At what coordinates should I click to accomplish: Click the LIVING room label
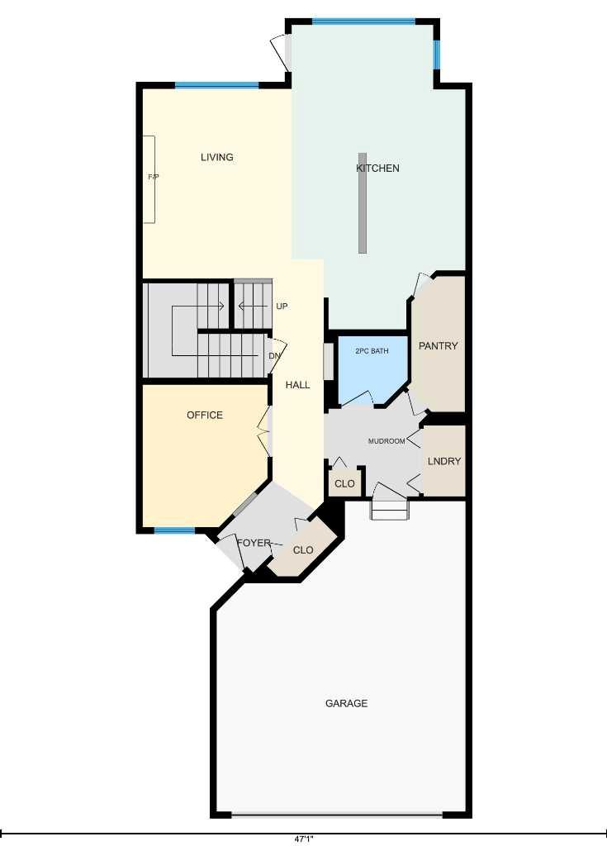point(217,157)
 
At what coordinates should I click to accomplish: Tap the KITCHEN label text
point(377,169)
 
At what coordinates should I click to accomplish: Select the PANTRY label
point(439,346)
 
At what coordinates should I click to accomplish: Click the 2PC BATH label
point(372,351)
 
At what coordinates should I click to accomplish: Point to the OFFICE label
point(205,415)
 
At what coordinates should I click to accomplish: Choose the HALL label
point(298,385)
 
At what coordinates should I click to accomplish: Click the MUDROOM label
point(386,441)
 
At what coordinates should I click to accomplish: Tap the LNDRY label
point(444,461)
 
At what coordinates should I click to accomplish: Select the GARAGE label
point(346,704)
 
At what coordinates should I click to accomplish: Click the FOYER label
point(254,543)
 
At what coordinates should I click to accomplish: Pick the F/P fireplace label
point(154,177)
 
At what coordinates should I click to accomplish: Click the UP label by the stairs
point(282,307)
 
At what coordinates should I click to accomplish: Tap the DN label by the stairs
point(275,356)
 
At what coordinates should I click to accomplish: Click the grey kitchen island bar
point(363,202)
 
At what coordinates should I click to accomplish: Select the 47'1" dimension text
point(304,839)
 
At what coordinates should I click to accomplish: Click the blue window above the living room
point(217,85)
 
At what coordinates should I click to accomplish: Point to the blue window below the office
point(174,530)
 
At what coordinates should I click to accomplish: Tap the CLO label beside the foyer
point(303,550)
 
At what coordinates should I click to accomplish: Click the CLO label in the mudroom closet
point(344,483)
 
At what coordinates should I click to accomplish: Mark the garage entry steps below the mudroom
point(389,510)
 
